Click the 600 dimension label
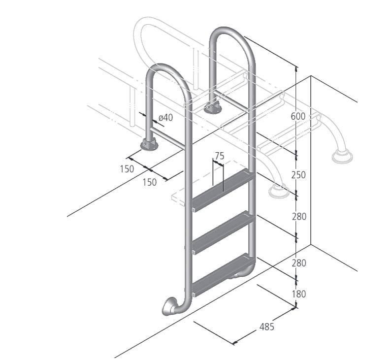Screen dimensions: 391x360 (298, 116)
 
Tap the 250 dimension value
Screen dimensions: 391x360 (298, 175)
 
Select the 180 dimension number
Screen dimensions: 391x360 (299, 294)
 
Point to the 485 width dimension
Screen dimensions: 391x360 (267, 327)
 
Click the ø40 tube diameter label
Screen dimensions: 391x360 (165, 117)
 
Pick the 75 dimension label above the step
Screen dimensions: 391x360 (220, 156)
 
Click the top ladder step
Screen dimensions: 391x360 (223, 190)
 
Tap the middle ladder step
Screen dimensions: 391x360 (223, 232)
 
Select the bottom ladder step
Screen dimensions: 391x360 (223, 275)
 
